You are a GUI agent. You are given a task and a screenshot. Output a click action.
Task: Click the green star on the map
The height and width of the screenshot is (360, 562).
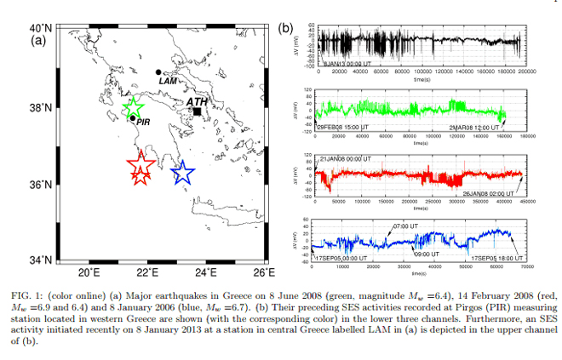(133, 109)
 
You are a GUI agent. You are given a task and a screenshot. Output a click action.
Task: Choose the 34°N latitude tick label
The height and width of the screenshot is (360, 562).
(40, 260)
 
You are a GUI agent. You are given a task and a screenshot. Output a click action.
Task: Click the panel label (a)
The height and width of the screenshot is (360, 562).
(39, 40)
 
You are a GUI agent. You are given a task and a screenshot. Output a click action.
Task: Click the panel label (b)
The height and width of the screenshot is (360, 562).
(285, 29)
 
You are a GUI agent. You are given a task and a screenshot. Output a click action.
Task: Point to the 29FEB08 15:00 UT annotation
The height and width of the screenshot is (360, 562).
(342, 127)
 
